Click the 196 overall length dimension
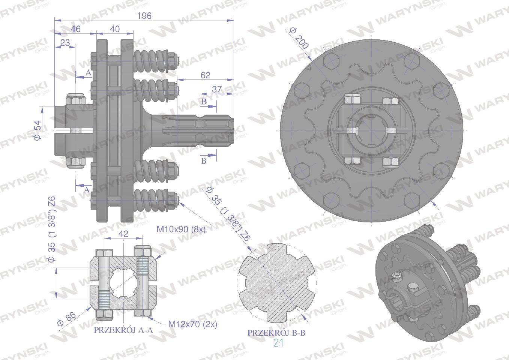[144, 16]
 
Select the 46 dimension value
[76, 29]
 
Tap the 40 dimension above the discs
[115, 29]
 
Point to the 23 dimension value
[65, 43]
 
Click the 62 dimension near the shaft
[205, 75]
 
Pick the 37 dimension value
[217, 89]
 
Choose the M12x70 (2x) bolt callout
[193, 324]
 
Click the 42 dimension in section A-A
[123, 234]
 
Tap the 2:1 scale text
[278, 343]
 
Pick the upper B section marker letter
[204, 102]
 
